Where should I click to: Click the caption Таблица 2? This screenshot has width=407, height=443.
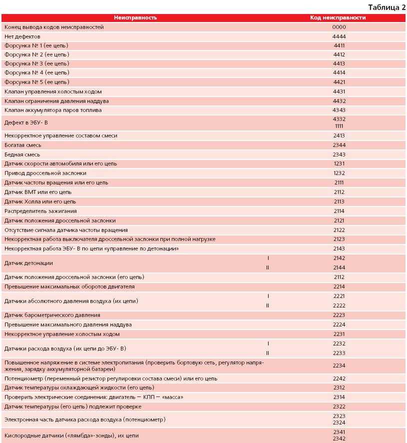click(x=387, y=7)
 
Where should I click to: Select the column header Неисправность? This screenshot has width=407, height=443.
click(x=135, y=17)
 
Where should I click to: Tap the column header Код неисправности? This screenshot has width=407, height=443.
click(x=338, y=17)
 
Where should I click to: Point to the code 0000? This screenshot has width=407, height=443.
click(x=339, y=27)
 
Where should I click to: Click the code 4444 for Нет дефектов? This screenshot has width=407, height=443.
click(x=339, y=36)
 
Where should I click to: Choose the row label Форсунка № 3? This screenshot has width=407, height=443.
click(x=36, y=63)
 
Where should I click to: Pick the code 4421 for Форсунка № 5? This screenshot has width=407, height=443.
click(x=339, y=82)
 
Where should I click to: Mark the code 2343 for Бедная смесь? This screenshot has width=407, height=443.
click(x=339, y=154)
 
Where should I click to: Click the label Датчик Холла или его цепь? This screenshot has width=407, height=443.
click(x=40, y=201)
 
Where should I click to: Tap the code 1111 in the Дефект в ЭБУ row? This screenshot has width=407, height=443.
click(x=339, y=126)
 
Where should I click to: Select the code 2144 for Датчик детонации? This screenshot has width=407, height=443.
click(x=339, y=267)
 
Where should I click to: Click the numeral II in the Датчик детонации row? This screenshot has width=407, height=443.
click(x=268, y=267)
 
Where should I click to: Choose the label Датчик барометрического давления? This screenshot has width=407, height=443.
click(x=52, y=315)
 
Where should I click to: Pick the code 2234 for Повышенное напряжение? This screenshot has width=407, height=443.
click(x=339, y=365)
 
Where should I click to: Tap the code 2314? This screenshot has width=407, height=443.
click(x=339, y=397)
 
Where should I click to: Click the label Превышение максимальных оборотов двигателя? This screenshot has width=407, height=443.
click(x=69, y=287)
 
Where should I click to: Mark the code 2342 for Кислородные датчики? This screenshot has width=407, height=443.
click(x=339, y=438)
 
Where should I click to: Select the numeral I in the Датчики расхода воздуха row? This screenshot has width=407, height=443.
click(x=268, y=343)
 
